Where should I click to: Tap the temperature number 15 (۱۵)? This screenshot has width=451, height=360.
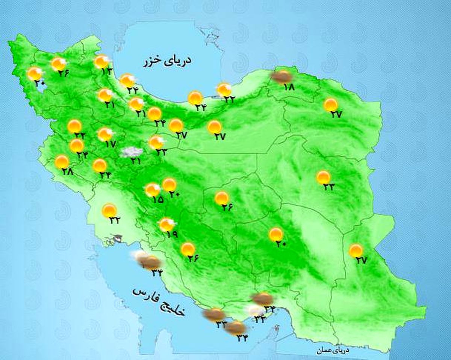point(158,199)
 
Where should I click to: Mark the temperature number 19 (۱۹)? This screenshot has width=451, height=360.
point(172,234)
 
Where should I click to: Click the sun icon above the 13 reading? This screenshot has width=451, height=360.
point(101,61)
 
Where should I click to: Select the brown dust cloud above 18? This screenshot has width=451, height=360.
point(282,76)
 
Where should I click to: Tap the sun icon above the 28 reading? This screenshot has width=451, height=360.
point(62,162)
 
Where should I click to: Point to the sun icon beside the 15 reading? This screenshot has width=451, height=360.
point(153,190)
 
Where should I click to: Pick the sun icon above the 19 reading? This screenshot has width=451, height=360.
point(166,225)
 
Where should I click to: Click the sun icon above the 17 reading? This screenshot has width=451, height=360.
point(105,134)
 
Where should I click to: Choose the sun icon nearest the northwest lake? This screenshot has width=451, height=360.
point(35,74)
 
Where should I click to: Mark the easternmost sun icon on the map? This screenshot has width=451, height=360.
point(356,250)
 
